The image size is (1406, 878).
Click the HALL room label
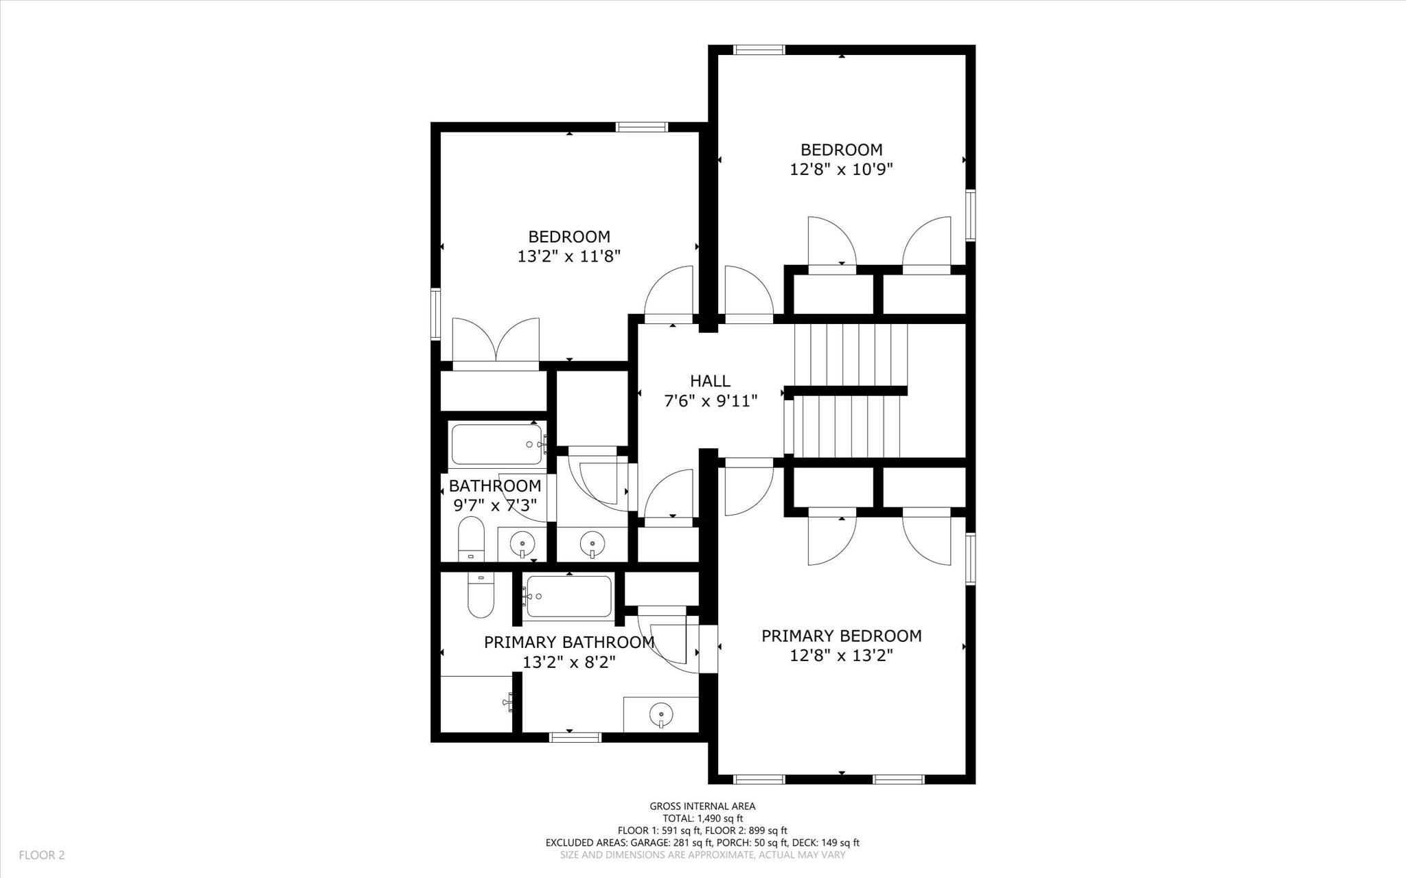click(710, 381)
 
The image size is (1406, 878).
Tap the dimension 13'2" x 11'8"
click(568, 257)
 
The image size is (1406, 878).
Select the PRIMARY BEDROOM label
click(841, 636)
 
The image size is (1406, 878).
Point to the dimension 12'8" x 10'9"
click(841, 169)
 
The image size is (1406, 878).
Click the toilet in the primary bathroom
click(481, 594)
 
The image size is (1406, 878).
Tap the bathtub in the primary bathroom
click(567, 596)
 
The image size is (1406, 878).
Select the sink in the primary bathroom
click(660, 715)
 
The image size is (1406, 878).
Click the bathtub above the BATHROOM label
click(496, 444)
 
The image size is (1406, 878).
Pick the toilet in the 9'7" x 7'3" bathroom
click(471, 539)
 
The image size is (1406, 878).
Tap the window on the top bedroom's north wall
click(759, 49)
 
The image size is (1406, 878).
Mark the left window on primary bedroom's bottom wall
click(759, 779)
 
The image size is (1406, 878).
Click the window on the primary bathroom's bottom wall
click(575, 737)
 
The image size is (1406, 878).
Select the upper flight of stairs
click(850, 355)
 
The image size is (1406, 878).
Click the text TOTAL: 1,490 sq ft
click(702, 818)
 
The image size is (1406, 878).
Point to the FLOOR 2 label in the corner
click(41, 855)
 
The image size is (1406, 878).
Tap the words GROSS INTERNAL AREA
click(702, 806)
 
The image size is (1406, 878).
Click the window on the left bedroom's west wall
click(435, 314)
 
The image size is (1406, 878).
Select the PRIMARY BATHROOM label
click(568, 643)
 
